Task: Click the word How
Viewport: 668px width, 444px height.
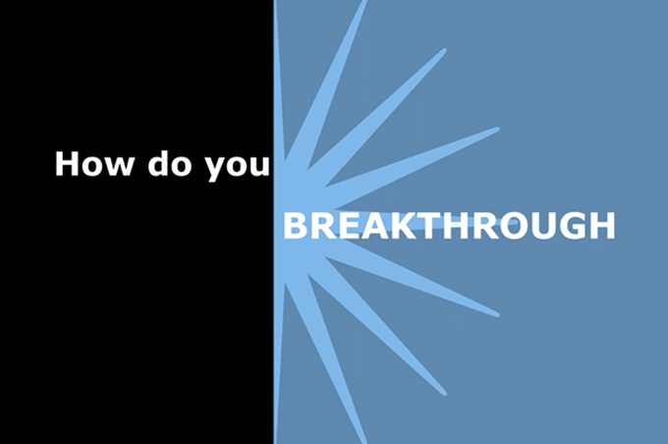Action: pyautogui.click(x=93, y=164)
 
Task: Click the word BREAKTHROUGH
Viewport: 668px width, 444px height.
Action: pyautogui.click(x=450, y=226)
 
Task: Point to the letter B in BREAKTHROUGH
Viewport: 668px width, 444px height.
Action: pyautogui.click(x=295, y=226)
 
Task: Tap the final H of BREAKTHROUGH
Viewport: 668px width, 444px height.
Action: pyautogui.click(x=602, y=226)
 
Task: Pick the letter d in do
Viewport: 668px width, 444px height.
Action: pyautogui.click(x=157, y=163)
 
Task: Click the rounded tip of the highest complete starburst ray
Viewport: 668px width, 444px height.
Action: pyautogui.click(x=444, y=51)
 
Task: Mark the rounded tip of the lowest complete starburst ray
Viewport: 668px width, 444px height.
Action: pyautogui.click(x=444, y=393)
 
